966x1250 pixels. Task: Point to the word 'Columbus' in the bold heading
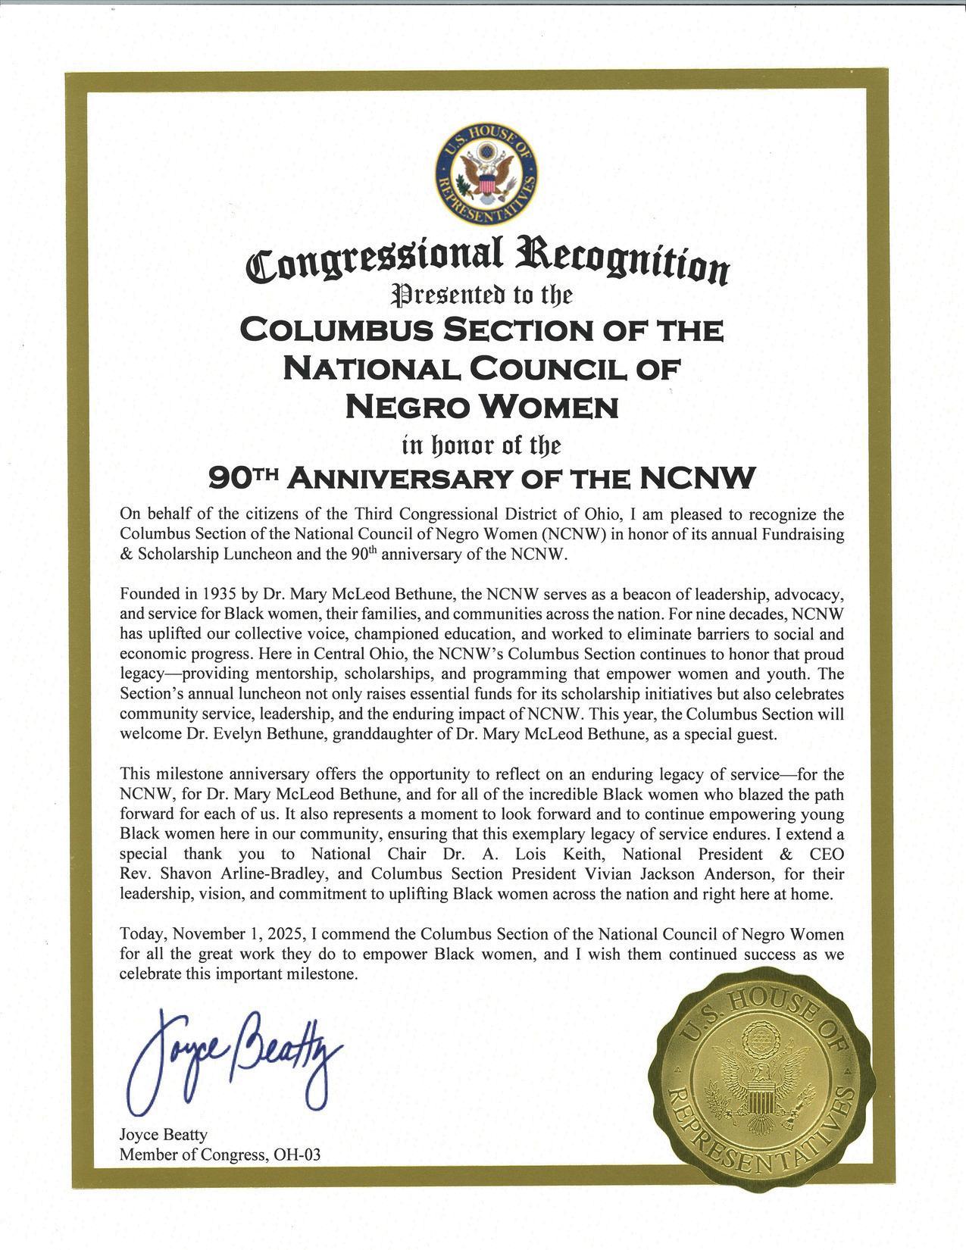334,330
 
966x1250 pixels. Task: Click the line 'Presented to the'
483,295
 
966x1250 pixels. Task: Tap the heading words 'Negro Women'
483,408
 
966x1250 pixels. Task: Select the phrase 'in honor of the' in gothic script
483,443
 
